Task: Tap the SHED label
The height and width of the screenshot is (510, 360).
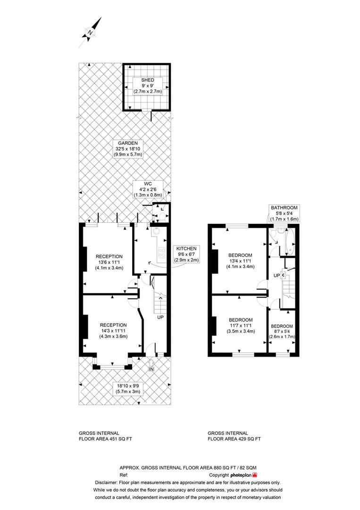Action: [148, 80]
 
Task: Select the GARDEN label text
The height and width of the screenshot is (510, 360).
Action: [128, 143]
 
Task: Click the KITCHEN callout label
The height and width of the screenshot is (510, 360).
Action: [187, 249]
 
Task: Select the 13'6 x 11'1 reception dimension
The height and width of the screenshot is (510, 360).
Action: [109, 263]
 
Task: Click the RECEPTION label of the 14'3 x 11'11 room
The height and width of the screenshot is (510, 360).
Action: [113, 325]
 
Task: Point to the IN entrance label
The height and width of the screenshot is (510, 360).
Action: [151, 369]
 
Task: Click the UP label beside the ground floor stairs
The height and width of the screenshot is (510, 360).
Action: [160, 317]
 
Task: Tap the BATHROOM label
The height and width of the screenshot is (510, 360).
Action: [285, 207]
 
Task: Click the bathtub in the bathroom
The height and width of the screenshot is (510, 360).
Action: [290, 242]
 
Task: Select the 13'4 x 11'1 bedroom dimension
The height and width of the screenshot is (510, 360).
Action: [240, 261]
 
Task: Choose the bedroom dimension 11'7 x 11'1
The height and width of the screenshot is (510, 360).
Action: [241, 325]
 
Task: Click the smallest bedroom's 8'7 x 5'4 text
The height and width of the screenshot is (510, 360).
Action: [282, 331]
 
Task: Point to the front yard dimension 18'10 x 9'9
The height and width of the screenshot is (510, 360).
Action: [128, 386]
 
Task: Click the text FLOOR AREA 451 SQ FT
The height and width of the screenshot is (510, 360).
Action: [105, 439]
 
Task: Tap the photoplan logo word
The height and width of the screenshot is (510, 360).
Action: [241, 475]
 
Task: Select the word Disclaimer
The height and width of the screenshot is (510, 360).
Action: [106, 482]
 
